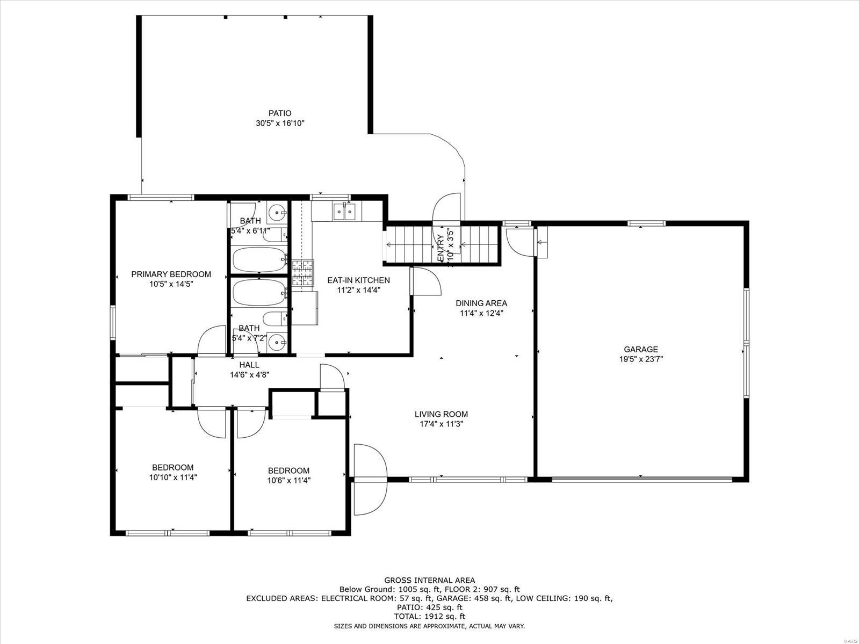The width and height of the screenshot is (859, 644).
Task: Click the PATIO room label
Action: [280, 113]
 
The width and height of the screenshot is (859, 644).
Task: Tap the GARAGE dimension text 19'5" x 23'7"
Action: [640, 359]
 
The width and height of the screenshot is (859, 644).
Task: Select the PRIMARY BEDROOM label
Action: [171, 274]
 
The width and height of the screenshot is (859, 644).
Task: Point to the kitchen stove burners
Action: [302, 273]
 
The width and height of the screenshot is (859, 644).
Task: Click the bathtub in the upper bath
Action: [259, 259]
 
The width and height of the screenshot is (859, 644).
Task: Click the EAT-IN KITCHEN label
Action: [358, 280]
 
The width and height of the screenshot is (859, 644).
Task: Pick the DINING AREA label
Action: [481, 303]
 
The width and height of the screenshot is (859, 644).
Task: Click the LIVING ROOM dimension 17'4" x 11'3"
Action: [441, 424]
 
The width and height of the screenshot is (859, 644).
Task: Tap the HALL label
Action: [249, 365]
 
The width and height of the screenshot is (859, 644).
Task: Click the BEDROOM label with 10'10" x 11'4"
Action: [172, 467]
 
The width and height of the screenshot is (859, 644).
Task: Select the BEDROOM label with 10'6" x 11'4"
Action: [288, 471]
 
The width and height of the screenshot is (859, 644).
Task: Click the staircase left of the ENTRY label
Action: [409, 245]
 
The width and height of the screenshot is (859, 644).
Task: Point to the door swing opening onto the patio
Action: [447, 207]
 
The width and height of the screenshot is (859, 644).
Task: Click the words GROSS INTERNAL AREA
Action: [429, 580]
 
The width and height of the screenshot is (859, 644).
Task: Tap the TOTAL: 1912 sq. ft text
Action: [429, 617]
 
